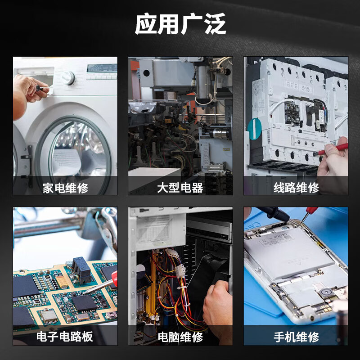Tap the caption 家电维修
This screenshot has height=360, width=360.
[x=65, y=187]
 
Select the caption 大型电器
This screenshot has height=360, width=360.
[x=180, y=187]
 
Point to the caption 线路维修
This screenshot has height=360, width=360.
[x=296, y=187]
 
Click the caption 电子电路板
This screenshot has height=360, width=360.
[x=65, y=337]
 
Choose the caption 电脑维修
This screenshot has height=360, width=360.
[x=180, y=337]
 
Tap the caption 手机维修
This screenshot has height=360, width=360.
[x=296, y=337]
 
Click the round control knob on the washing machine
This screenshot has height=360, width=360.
[x=68, y=78]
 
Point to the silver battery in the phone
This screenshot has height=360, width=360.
[x=288, y=252]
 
